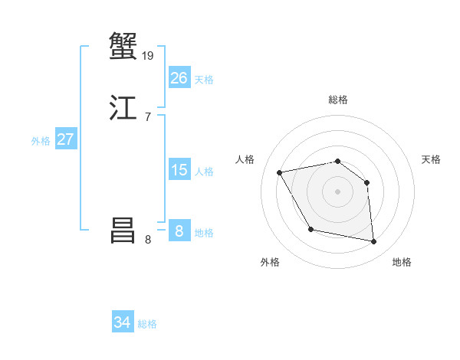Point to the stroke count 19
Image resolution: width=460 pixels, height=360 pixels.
click(x=149, y=55)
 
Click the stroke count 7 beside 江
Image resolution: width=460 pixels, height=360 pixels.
click(x=147, y=116)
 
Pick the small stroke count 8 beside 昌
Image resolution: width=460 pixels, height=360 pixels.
click(x=147, y=240)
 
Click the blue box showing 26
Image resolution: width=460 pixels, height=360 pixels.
click(x=179, y=78)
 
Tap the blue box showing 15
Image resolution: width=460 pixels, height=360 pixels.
click(x=179, y=170)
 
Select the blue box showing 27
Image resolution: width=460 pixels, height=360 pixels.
click(x=66, y=139)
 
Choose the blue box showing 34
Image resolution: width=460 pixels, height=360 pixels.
click(x=123, y=322)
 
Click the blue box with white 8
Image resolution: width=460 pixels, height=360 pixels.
click(x=179, y=231)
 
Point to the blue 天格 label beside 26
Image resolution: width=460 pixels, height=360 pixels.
click(x=204, y=80)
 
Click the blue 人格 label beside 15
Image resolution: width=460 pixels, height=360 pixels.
click(x=204, y=172)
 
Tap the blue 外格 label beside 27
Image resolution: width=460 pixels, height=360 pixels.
click(x=41, y=141)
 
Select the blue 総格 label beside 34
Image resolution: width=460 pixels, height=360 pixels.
click(x=147, y=324)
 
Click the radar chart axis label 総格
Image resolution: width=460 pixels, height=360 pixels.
click(x=337, y=100)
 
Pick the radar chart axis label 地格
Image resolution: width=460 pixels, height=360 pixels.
click(x=402, y=262)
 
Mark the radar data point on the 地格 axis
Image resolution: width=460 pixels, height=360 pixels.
click(x=374, y=242)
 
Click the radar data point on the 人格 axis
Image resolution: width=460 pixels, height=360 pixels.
click(x=280, y=172)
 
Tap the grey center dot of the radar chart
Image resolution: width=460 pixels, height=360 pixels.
click(x=337, y=191)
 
